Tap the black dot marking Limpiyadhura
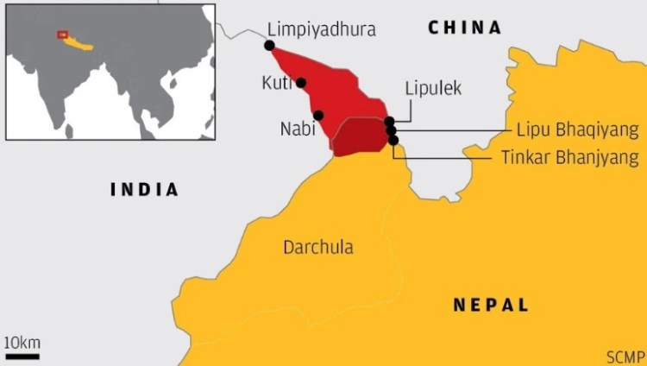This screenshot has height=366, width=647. (270, 46)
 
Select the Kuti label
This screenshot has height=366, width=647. (275, 83)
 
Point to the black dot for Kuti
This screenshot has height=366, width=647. (301, 83)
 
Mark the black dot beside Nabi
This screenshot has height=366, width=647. (318, 116)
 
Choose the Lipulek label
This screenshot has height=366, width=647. (433, 88)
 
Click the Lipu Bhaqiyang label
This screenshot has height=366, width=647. (577, 130)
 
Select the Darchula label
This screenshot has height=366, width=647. (317, 248)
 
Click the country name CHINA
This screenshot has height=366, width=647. (464, 28)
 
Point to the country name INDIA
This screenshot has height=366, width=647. (144, 190)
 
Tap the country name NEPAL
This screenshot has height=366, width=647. (490, 305)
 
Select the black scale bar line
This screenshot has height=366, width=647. (22, 355)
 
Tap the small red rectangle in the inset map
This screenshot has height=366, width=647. (62, 35)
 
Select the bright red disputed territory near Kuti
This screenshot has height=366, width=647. (332, 91)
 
